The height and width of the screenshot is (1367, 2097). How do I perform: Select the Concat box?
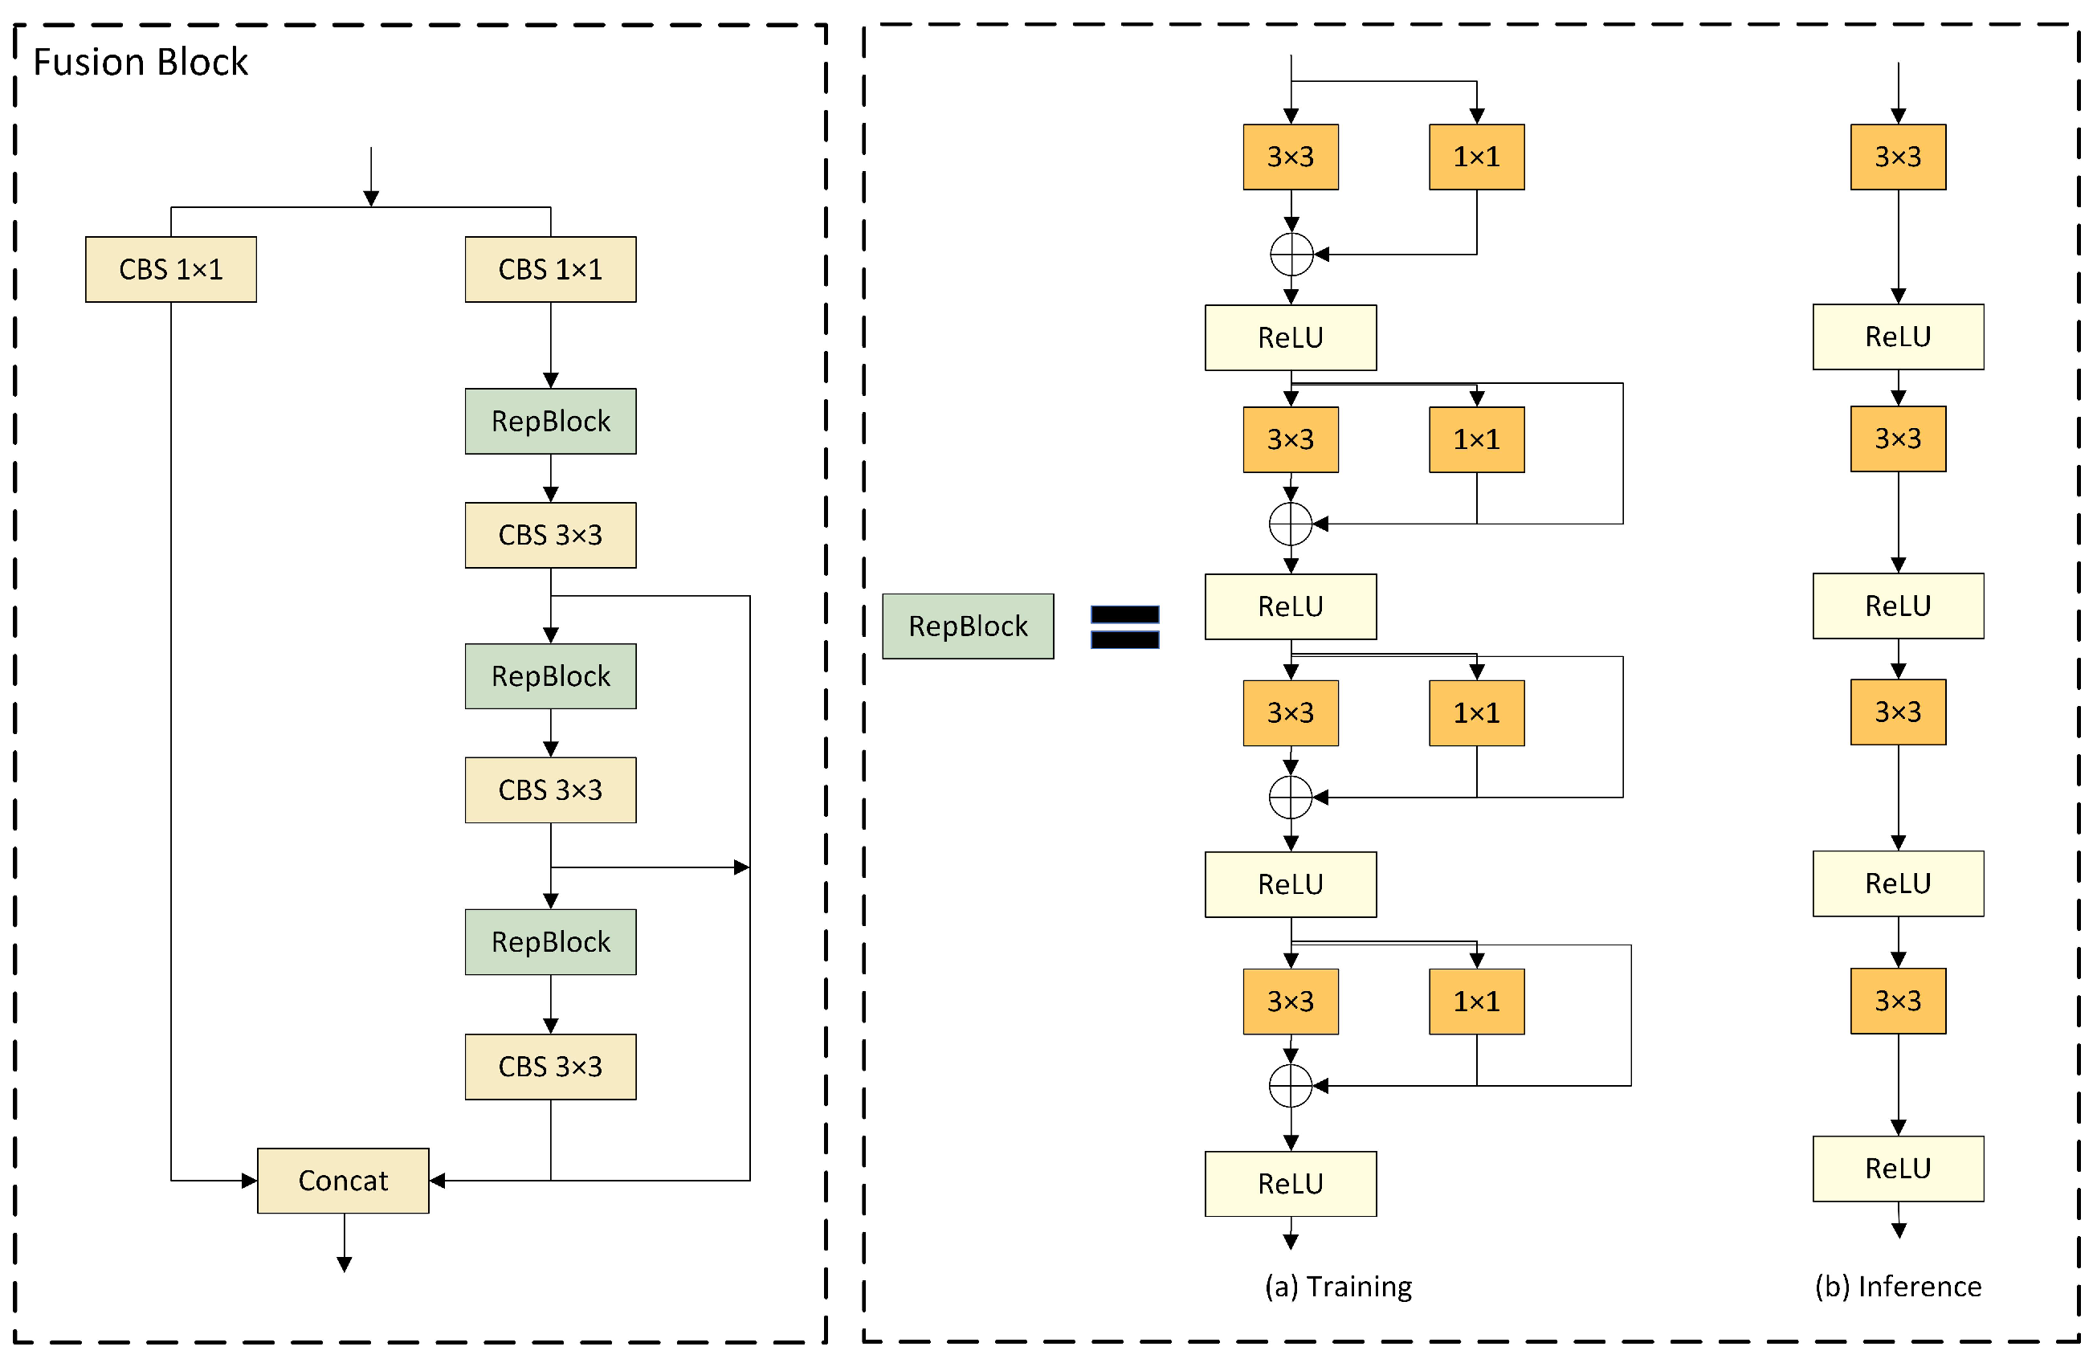343,1180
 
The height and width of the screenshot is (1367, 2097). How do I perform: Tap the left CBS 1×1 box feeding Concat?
171,269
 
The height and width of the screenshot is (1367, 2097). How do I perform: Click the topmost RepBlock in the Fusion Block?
551,422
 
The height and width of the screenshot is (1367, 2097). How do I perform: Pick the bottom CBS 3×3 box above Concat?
551,1067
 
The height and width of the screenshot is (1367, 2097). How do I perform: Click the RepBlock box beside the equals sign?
968,626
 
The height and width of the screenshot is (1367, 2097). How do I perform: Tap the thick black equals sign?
1124,626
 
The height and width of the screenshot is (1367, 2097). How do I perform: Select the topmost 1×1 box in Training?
1476,157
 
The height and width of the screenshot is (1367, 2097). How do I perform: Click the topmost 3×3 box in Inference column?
1897,157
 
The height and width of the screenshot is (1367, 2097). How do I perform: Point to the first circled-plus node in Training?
1291,255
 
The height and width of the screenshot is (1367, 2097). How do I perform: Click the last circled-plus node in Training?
1290,1085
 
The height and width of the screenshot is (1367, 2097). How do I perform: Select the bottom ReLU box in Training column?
1290,1183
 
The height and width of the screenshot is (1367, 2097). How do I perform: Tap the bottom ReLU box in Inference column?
1897,1168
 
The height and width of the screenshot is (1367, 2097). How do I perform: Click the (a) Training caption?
1337,1286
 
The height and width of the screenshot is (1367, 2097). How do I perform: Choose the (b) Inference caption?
1897,1286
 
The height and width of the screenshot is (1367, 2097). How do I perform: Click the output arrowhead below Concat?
345,1264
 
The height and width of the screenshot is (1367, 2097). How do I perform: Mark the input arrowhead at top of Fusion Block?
371,198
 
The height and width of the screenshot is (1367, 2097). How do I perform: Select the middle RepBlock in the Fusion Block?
551,676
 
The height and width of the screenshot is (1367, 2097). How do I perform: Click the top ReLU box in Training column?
1290,337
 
